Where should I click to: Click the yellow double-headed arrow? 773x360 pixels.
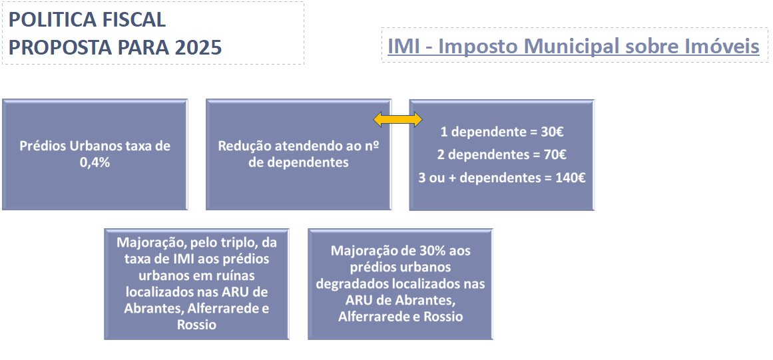pyautogui.click(x=398, y=118)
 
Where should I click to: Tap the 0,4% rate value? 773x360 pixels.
pyautogui.click(x=95, y=162)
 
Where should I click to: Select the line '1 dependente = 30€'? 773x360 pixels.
pyautogui.click(x=501, y=132)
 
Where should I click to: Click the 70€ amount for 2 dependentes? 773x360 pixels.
pyautogui.click(x=555, y=155)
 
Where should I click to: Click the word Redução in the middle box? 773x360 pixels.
pyautogui.click(x=240, y=146)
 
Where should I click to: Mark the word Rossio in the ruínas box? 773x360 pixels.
pyautogui.click(x=196, y=325)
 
